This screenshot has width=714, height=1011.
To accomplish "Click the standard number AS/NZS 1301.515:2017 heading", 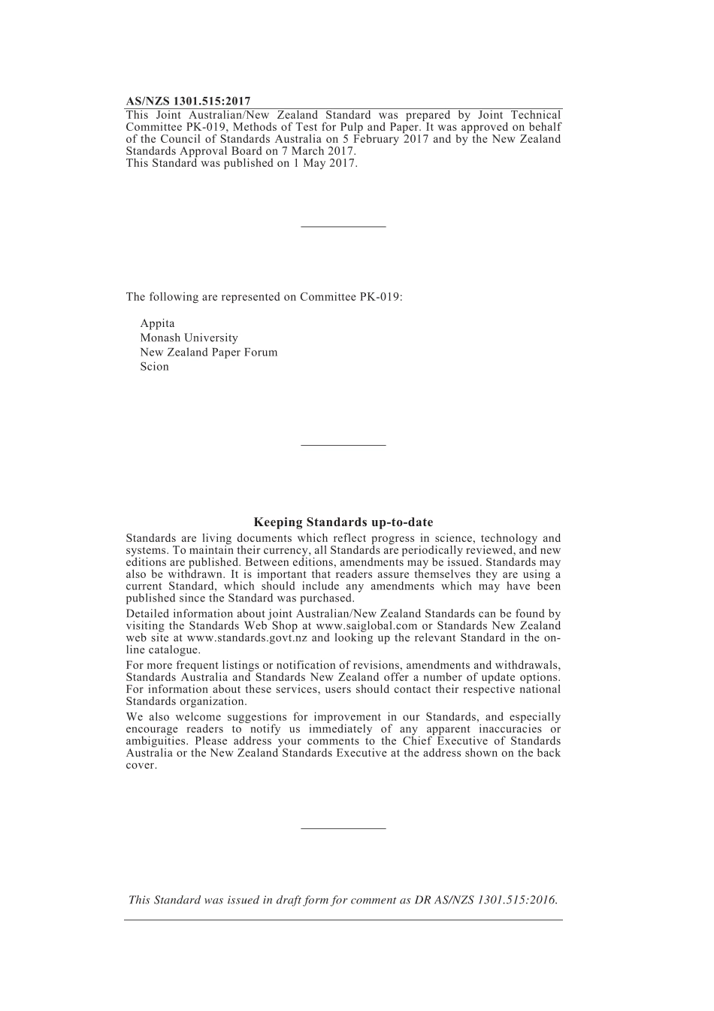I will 188,101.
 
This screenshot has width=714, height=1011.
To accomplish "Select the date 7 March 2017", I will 311,151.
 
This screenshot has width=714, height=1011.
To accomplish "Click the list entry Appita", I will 157,324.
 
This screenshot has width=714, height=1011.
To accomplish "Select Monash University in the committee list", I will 189,338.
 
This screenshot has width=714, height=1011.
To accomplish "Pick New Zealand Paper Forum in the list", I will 208,353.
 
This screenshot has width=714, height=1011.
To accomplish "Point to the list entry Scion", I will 154,367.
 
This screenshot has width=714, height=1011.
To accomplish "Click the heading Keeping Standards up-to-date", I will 343,522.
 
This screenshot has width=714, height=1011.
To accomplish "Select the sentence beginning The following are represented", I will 264,297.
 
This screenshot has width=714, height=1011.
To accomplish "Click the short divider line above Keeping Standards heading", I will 343,446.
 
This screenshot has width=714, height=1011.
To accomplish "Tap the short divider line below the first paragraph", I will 343,226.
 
